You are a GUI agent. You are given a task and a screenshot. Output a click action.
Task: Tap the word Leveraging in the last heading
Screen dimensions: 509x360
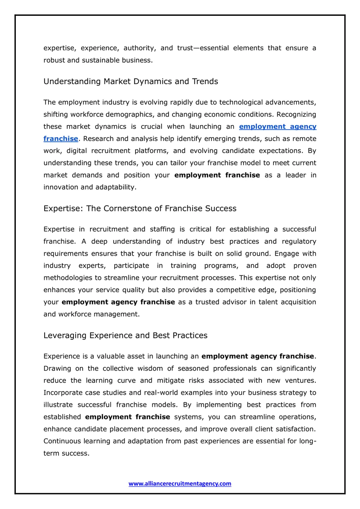65,336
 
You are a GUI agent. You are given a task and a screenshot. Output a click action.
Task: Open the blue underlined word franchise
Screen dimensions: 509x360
61,139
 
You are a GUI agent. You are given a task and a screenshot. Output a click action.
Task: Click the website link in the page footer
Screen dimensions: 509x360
180,484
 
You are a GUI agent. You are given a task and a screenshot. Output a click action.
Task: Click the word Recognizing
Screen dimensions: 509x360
296,115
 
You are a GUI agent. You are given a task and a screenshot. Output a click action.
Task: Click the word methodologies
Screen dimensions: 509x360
68,278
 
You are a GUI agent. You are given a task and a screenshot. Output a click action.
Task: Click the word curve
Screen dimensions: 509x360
127,381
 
